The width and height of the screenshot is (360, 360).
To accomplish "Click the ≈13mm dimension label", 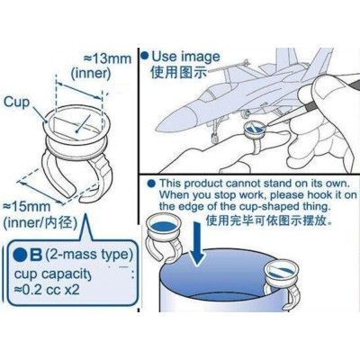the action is [x=107, y=58].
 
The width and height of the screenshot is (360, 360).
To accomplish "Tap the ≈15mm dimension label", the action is [x=26, y=207].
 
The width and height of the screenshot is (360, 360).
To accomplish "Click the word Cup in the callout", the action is [x=16, y=103].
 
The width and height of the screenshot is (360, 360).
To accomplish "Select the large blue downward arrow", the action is [x=197, y=244].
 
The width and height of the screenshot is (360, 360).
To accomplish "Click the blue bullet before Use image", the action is [x=145, y=56].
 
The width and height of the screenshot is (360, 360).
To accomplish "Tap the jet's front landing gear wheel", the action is [x=214, y=139].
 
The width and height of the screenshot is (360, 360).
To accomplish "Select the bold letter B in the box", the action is [x=36, y=256].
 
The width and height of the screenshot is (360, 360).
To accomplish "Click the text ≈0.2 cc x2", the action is [x=47, y=290].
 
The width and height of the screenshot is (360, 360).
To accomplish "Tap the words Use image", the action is [x=185, y=57].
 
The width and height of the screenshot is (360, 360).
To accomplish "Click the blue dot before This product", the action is [x=152, y=184].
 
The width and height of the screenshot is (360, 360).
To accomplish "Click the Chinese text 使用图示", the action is [x=179, y=73].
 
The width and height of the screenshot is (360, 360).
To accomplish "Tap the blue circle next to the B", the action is [x=21, y=256].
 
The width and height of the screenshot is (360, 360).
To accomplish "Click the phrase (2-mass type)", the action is [x=89, y=255].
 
